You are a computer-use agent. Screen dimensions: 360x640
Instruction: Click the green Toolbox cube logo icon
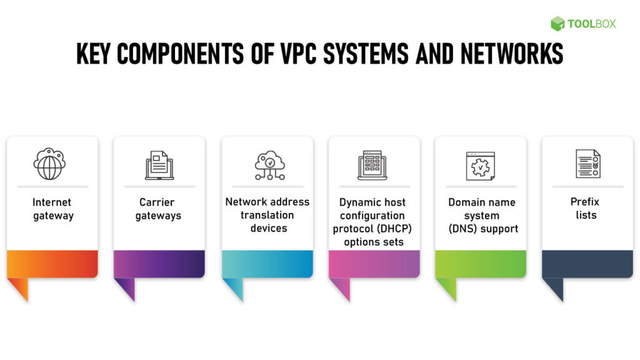click(x=557, y=24)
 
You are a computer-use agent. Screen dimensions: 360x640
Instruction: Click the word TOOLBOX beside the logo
click(x=591, y=24)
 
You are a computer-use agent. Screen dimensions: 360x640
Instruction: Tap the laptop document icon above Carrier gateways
click(x=159, y=165)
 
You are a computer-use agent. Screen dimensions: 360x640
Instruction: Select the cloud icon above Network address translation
click(x=268, y=165)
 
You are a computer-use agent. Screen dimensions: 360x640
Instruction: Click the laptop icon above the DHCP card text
click(x=372, y=165)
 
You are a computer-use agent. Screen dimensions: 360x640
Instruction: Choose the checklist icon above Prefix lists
click(x=587, y=164)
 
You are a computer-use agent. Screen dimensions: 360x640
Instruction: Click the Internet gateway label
click(x=52, y=209)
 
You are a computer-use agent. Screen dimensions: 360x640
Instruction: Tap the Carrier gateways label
click(x=159, y=209)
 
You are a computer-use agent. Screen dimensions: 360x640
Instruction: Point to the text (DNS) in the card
click(x=464, y=229)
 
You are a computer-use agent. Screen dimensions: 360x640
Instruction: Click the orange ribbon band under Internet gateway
click(x=52, y=264)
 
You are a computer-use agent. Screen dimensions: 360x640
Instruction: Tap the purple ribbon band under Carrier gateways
click(x=159, y=264)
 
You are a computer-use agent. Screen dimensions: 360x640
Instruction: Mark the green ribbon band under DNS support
click(x=480, y=264)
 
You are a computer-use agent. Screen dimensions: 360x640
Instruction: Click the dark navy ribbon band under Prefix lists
click(x=587, y=264)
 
